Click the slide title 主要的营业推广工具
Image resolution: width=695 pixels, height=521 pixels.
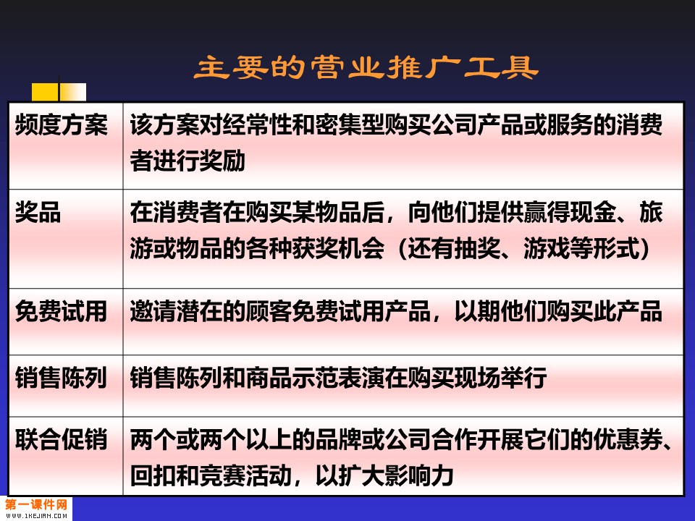[366, 68]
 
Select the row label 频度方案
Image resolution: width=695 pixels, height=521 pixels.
[61, 124]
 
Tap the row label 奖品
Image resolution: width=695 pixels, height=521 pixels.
[38, 212]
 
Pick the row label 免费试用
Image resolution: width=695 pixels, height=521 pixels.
[61, 311]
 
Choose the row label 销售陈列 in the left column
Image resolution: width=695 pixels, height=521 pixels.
[61, 378]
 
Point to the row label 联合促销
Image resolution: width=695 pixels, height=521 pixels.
[61, 439]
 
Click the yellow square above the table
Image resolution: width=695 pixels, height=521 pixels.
[45, 92]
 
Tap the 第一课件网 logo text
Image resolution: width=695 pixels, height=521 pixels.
[36, 504]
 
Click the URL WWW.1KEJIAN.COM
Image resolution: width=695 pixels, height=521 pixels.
[36, 516]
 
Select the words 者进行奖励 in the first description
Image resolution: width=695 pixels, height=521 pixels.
[188, 161]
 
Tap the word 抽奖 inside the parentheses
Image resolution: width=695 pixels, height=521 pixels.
[477, 247]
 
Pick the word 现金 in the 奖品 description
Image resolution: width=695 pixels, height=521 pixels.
[594, 212]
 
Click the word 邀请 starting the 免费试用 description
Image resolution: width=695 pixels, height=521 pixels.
[153, 311]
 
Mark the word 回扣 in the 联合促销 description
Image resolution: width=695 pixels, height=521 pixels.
[153, 475]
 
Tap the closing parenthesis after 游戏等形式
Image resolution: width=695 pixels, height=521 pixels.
[645, 248]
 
